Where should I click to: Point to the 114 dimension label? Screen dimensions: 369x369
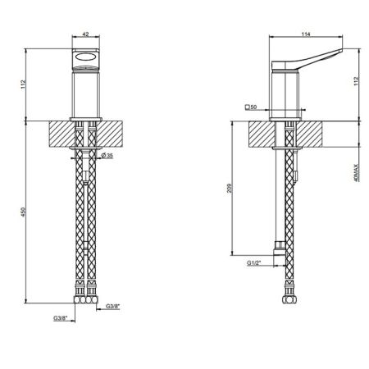point(307,34)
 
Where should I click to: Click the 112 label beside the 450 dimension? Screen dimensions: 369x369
point(25,84)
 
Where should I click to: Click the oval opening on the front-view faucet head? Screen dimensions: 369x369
point(85,58)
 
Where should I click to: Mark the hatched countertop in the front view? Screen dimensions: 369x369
point(62,134)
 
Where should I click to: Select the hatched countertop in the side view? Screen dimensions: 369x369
point(262,134)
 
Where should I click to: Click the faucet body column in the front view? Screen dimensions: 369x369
point(86,95)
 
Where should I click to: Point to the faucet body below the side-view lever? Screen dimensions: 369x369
point(286,97)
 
